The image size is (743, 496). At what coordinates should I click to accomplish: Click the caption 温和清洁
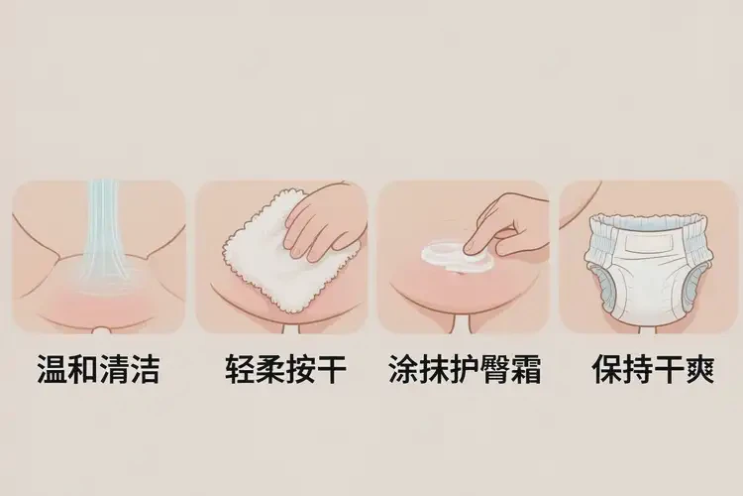click(x=97, y=370)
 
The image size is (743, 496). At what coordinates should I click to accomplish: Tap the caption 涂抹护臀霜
click(x=463, y=370)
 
